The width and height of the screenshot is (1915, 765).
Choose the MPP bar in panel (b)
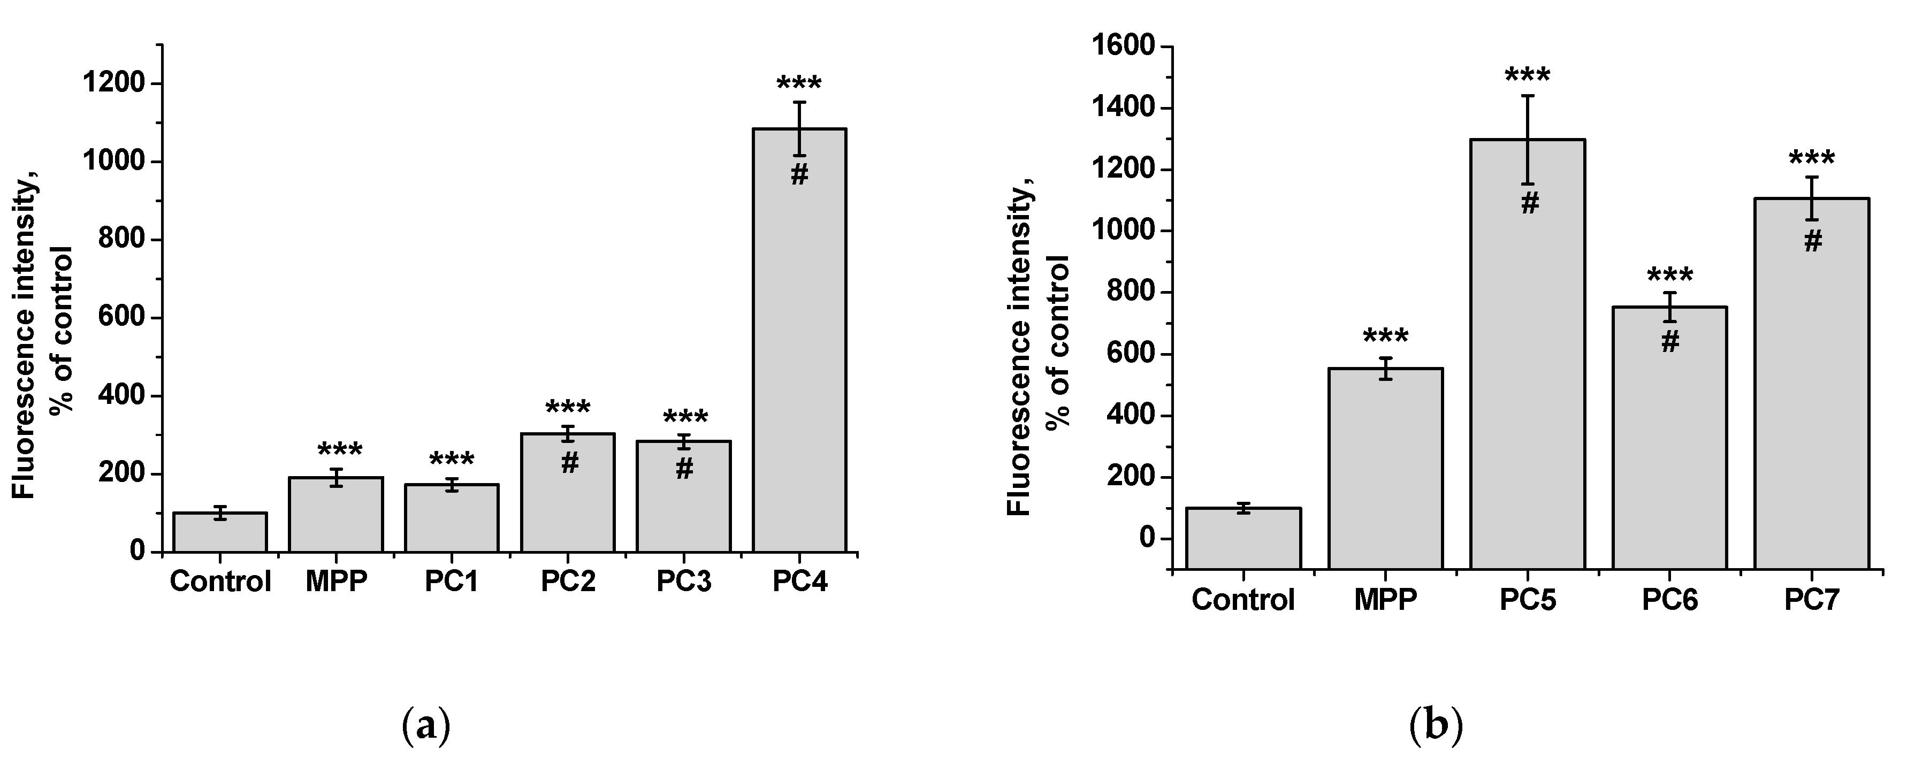pos(1386,469)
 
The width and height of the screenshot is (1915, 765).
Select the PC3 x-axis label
pos(684,582)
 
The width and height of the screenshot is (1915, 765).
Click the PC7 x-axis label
pos(1812,599)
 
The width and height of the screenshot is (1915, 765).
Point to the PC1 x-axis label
pos(451,582)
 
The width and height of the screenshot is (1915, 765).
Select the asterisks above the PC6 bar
pos(1670,277)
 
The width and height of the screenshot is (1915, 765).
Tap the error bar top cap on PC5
pos(1528,96)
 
